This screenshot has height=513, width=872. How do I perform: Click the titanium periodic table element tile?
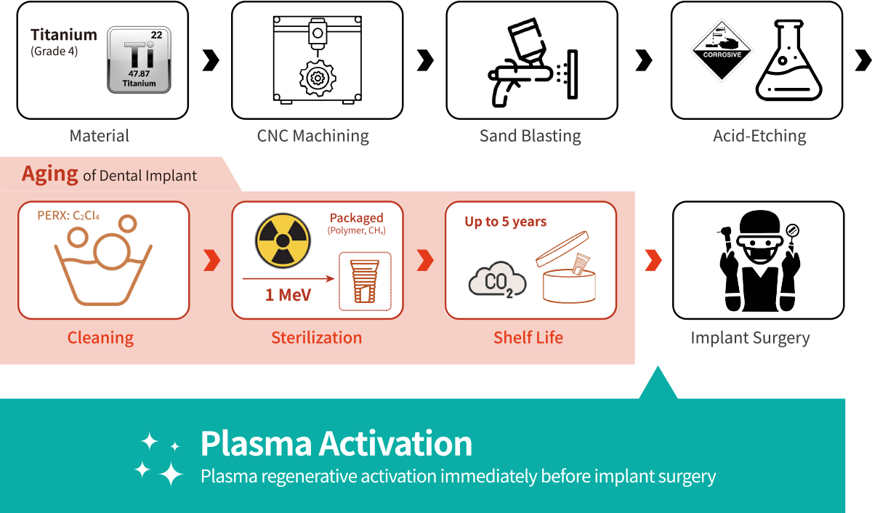click(x=139, y=60)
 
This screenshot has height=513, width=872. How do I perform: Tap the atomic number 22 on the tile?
click(x=156, y=35)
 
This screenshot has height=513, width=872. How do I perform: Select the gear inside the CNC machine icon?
click(x=318, y=78)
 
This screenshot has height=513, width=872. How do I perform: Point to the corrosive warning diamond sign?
click(x=722, y=50)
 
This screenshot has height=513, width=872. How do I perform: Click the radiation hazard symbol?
click(x=283, y=241)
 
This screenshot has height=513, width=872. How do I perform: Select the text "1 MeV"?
click(x=288, y=294)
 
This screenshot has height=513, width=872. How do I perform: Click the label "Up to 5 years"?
click(x=505, y=221)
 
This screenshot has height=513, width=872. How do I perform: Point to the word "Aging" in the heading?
click(x=50, y=174)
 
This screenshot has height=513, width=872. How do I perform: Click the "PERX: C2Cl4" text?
click(x=68, y=215)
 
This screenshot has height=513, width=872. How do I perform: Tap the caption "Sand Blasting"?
click(x=530, y=136)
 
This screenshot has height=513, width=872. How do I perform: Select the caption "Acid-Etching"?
click(x=759, y=136)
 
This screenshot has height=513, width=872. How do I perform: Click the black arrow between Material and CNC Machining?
click(x=211, y=60)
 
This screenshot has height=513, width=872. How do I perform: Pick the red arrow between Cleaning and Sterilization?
click(x=211, y=260)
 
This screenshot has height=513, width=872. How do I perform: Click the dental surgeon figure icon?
click(x=759, y=261)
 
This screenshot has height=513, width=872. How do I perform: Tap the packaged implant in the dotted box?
click(x=365, y=281)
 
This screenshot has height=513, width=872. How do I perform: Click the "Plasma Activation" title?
click(x=336, y=443)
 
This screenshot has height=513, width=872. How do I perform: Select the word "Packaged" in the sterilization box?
click(x=357, y=217)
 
